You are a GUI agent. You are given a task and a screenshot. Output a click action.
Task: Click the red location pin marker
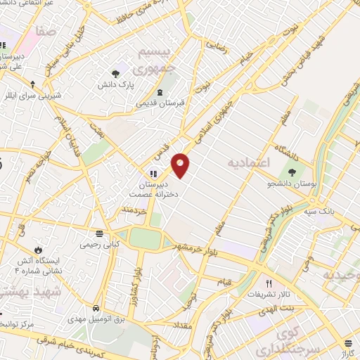[x=181, y=165]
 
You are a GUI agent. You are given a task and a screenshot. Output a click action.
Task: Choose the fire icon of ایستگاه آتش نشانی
[x=38, y=250]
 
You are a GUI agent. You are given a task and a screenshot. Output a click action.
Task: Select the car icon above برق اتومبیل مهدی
[x=96, y=308]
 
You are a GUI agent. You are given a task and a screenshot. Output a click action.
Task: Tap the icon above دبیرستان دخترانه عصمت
[x=153, y=174]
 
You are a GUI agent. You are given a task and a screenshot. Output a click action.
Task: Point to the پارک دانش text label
[x=115, y=84]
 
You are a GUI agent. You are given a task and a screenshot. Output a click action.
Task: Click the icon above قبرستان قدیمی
[x=160, y=92]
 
